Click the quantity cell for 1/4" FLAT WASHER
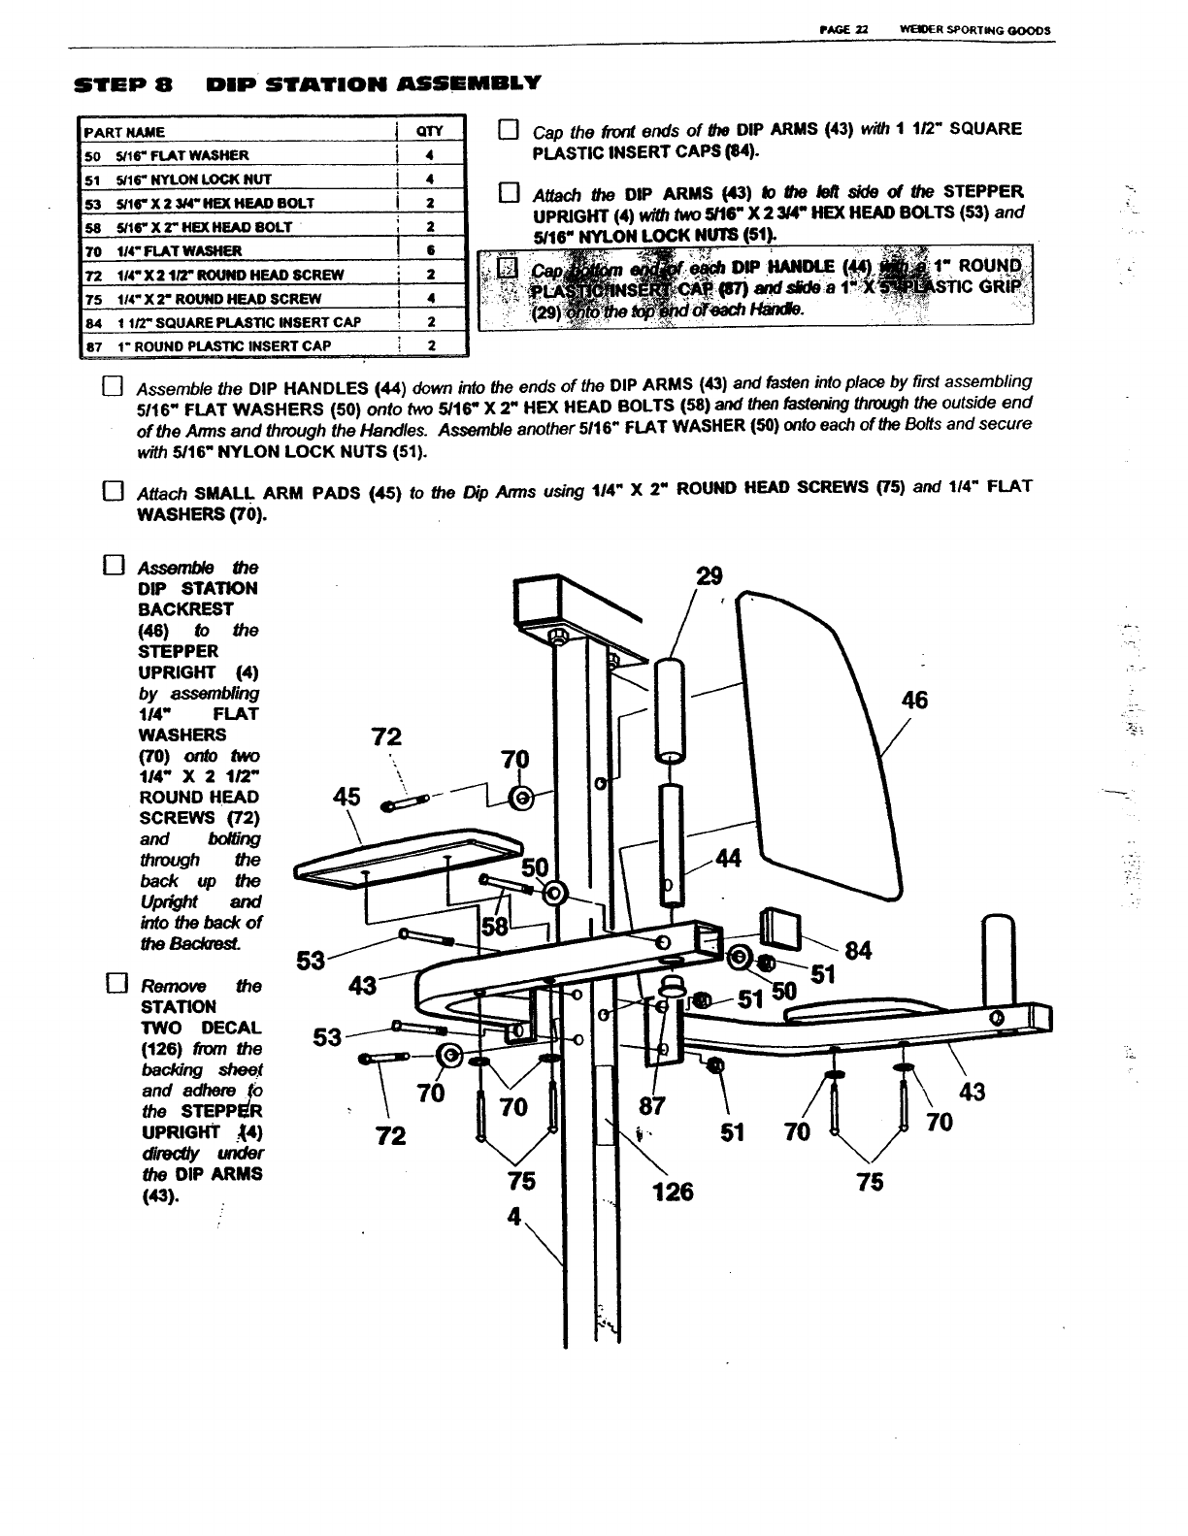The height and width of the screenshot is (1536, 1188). pyautogui.click(x=429, y=250)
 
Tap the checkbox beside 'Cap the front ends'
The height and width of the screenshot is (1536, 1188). pyautogui.click(x=509, y=131)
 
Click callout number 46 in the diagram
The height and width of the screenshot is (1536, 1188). pyautogui.click(x=914, y=701)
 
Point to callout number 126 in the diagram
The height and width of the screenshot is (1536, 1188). pyautogui.click(x=673, y=1191)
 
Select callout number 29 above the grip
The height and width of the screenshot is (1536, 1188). pyautogui.click(x=709, y=575)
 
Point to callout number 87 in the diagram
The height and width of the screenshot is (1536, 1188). pyautogui.click(x=650, y=1105)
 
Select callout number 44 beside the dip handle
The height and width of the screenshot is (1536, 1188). pyautogui.click(x=727, y=859)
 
